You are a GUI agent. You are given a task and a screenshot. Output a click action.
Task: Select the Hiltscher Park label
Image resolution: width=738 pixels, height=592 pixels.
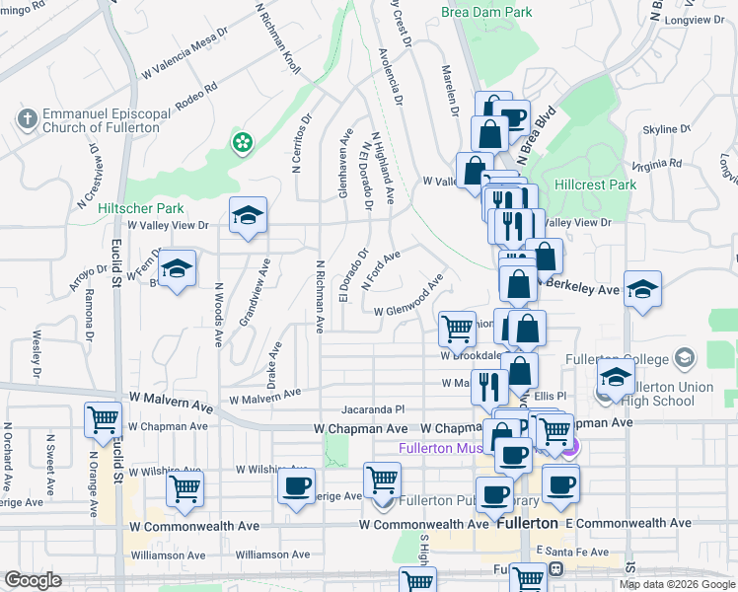141,208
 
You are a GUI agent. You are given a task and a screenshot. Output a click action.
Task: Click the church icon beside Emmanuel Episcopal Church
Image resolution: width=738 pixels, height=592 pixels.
26,119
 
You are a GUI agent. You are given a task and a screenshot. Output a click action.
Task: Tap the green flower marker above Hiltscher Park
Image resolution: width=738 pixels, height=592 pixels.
241,144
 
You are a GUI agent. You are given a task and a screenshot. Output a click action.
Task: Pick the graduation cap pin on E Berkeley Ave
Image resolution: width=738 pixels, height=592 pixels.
642,290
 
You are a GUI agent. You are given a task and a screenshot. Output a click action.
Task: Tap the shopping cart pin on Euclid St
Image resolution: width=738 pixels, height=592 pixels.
103,421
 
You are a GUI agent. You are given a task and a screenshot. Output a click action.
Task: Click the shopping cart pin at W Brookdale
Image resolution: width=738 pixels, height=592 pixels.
457,330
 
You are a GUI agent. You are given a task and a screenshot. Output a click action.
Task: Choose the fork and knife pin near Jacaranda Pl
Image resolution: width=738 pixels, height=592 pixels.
488,386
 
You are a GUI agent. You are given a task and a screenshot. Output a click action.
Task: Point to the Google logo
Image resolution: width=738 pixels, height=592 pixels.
34,580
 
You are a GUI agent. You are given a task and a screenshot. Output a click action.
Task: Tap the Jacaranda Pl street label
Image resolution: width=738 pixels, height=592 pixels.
373,408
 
